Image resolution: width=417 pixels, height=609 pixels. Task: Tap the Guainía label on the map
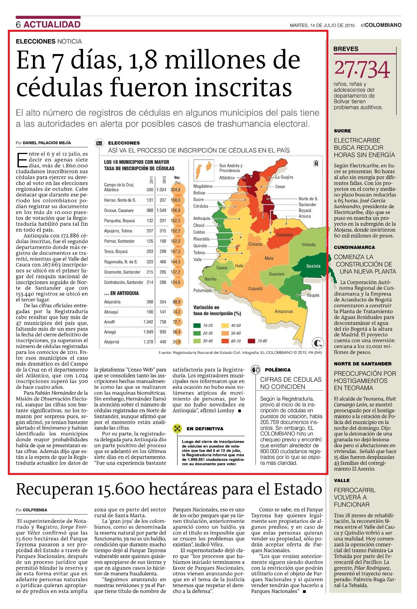coord(313,266)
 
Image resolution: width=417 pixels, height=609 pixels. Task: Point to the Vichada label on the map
coord(308,245)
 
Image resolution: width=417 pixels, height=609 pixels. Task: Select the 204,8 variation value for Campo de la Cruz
coord(175,190)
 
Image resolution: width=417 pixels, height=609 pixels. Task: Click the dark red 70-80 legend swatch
coord(252,341)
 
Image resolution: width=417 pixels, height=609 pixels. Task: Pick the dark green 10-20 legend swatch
coord(197,325)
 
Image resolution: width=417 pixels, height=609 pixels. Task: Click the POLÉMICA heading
coord(277,370)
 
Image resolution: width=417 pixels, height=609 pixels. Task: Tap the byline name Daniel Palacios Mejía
coord(47,143)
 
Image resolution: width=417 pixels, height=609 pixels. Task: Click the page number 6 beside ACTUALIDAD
coord(18,24)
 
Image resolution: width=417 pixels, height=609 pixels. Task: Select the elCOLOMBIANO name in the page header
coord(381,25)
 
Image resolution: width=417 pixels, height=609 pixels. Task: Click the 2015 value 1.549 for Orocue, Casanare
coord(161,210)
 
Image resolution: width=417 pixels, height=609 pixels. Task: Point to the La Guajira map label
coord(285,177)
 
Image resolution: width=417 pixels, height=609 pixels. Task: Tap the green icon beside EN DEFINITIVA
coord(177,429)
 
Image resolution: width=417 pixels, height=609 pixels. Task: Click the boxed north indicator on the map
coord(316,163)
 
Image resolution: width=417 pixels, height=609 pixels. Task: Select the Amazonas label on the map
coord(284,311)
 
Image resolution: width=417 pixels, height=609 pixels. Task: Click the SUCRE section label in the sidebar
coord(343,131)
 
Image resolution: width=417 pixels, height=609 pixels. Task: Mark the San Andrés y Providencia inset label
coord(231,168)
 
